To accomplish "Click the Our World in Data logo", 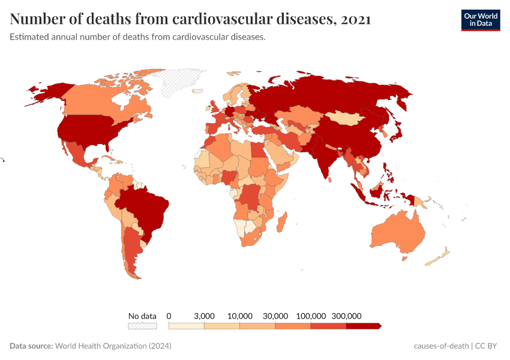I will (480, 20).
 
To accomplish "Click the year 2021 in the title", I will (355, 19).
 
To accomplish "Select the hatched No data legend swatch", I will (142, 326).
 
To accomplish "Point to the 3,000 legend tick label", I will (204, 316).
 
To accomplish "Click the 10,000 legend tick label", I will (240, 316).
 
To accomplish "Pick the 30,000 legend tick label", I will (275, 316).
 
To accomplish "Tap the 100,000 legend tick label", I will (311, 316).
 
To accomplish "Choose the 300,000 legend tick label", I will (346, 316).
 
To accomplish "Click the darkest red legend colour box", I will (363, 326).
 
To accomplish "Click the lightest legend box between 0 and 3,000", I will (187, 326).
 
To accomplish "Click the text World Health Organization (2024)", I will (113, 346).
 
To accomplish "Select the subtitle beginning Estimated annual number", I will (137, 37).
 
